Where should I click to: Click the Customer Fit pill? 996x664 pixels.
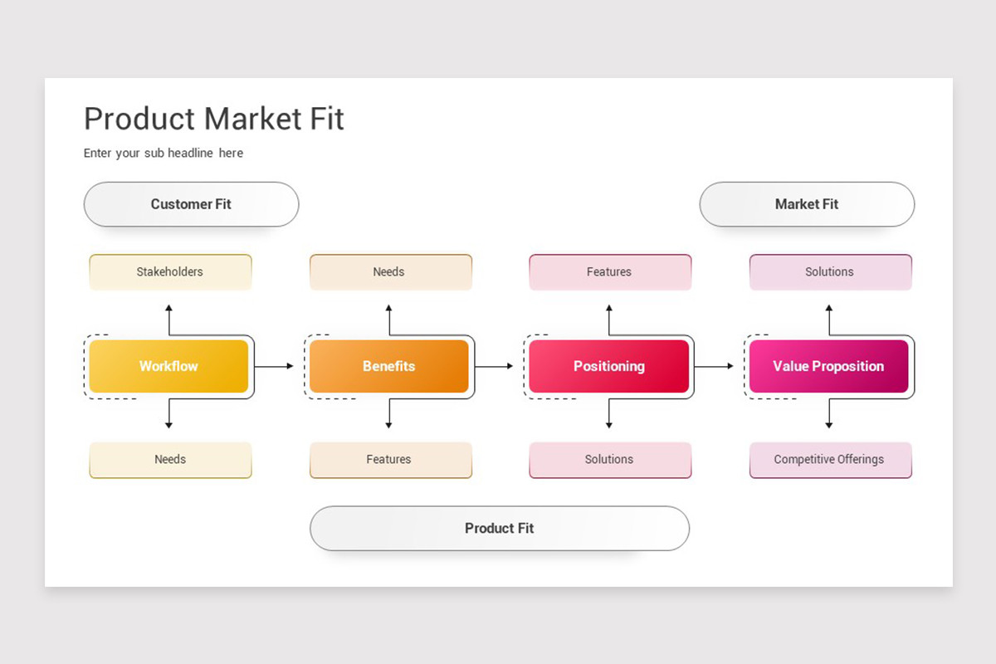[191, 204]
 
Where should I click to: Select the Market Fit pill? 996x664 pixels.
[807, 204]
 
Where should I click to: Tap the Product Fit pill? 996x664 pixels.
[500, 529]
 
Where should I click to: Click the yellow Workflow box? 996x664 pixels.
[168, 366]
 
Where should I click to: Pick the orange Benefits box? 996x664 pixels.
[389, 366]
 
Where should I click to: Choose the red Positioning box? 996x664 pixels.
[608, 366]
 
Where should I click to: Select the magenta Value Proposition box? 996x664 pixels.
[829, 366]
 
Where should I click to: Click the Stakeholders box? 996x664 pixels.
[170, 272]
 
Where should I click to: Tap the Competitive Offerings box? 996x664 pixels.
[831, 460]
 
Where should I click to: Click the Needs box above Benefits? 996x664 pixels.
[390, 272]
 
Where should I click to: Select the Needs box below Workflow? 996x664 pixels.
[170, 460]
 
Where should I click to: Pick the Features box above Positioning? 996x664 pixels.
[610, 272]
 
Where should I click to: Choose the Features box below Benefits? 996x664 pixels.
[390, 460]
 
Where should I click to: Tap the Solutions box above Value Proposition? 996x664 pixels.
[831, 272]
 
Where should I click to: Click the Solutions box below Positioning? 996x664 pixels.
[610, 460]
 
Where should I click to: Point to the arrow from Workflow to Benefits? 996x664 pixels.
[274, 366]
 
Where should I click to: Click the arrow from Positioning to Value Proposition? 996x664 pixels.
[714, 366]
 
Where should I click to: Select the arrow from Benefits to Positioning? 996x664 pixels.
[494, 366]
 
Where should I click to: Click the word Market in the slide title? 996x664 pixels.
[252, 119]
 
